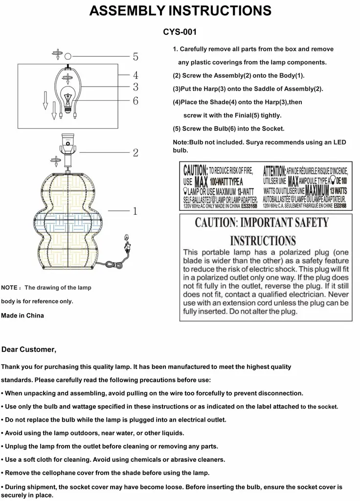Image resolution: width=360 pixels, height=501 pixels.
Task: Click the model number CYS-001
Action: [x=180, y=32]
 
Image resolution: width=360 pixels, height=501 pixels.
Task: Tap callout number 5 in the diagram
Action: [x=135, y=57]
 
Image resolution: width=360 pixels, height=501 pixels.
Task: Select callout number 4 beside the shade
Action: [x=135, y=75]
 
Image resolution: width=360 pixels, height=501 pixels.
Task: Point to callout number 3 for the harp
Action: [x=135, y=88]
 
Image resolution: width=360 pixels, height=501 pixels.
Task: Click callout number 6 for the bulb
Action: [x=135, y=101]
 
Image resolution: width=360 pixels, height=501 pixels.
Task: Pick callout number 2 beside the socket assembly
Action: [x=135, y=153]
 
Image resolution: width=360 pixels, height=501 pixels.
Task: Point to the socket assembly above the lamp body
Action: [x=68, y=147]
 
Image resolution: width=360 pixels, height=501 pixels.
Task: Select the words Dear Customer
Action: [x=29, y=349]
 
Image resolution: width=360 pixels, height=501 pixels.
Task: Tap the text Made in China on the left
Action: [x=22, y=316]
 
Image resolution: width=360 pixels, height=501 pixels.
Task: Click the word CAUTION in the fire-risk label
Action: [x=195, y=171]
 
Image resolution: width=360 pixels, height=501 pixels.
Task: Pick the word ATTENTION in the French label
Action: [x=274, y=171]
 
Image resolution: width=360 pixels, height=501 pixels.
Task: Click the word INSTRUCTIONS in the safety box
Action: [x=263, y=241]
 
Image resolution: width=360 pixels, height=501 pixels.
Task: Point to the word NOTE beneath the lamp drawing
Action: [x=10, y=288]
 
